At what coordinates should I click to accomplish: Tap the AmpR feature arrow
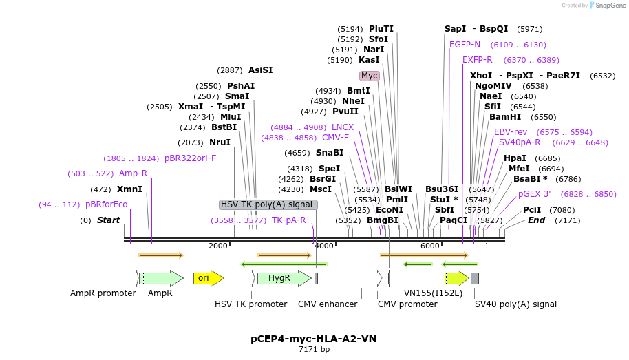point(161,278)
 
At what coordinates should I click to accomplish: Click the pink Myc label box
point(370,76)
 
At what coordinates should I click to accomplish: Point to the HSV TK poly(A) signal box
point(268,204)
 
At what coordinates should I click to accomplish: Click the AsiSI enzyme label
point(261,70)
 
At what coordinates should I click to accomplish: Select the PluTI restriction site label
point(381,29)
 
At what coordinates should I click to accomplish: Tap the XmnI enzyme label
point(129,189)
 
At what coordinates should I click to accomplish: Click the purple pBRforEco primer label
point(107,204)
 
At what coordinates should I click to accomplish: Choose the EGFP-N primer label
point(465,45)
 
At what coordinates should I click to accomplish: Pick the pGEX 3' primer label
point(534,194)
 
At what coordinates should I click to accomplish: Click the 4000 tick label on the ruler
point(323,246)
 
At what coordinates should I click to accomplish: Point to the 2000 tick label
point(217,246)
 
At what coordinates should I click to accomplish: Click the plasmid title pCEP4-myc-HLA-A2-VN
point(313,339)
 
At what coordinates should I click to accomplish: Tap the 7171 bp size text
point(314,350)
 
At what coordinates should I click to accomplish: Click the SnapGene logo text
point(609,6)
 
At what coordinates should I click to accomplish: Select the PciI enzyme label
point(532,210)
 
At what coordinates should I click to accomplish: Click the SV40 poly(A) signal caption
point(515,304)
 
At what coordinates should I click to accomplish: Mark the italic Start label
point(108,220)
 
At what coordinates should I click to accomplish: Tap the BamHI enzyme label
point(505,117)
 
